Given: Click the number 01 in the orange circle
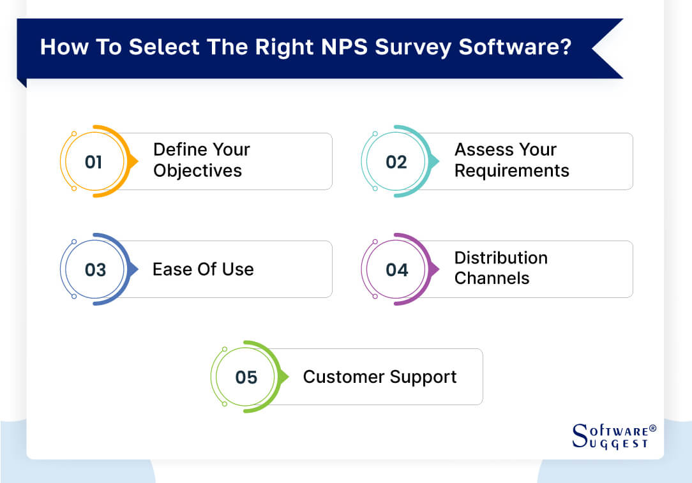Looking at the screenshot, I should coord(93,162).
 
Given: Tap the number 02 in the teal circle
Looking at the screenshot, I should coord(396,162).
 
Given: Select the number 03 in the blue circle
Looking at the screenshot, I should coord(95,270).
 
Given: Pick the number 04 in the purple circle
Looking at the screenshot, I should coord(396,270).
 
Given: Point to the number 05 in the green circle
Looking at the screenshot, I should coord(246,378).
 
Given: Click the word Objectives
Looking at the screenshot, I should coord(197,171).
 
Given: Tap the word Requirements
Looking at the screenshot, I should coord(511,171).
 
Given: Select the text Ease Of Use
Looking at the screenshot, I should coord(203,269).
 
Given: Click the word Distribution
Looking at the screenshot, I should coord(500,258).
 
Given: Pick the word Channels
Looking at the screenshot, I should coord(492,278).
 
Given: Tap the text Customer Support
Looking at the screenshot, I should coord(379,377).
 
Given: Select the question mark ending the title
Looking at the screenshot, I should coord(565,48).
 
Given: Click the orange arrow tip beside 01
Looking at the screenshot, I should coord(134,161).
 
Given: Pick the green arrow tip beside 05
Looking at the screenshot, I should coord(285,376).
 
